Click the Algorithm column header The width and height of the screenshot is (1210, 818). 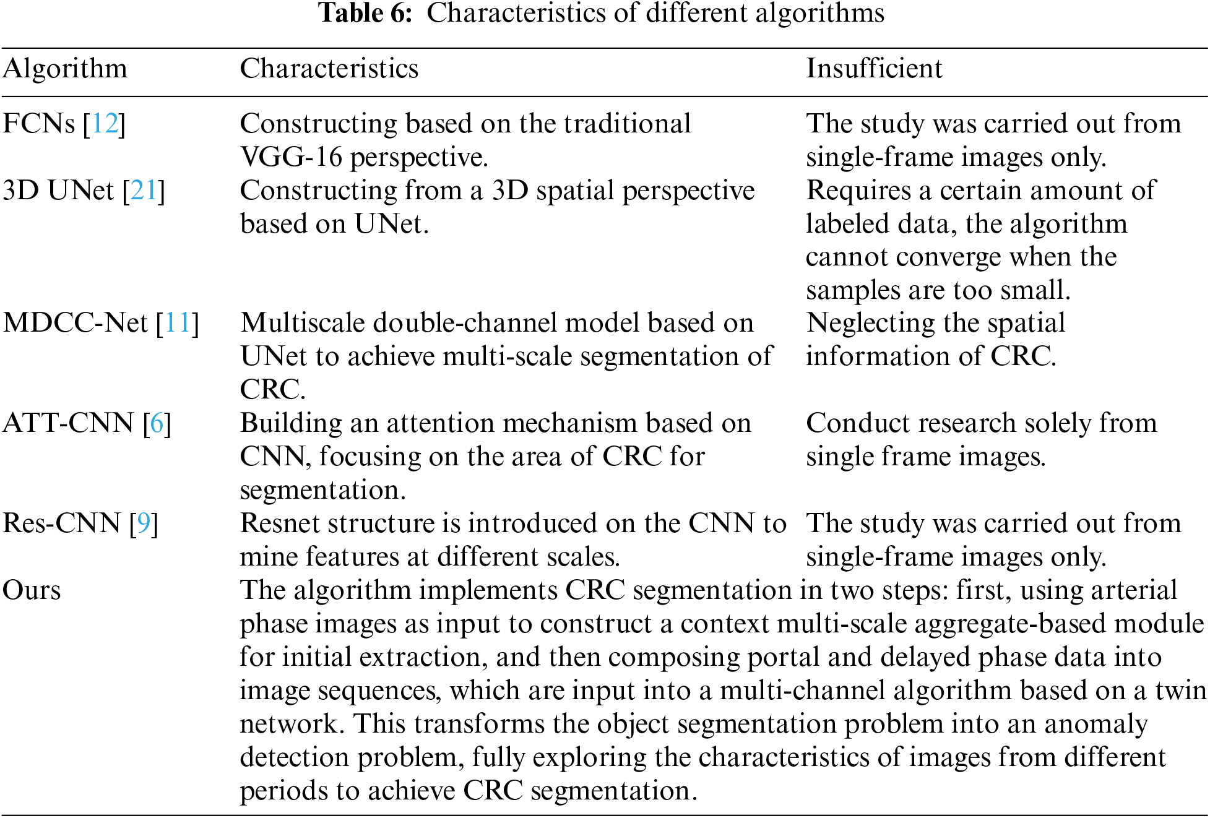65,68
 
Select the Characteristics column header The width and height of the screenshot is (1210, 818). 329,68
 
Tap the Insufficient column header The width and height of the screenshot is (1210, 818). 873,68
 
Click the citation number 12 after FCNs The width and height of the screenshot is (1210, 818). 105,124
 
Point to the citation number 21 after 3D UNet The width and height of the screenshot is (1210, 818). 144,191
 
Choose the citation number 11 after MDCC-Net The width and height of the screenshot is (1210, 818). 178,323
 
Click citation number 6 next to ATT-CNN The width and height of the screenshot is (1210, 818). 157,423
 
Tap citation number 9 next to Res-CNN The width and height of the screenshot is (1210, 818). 144,523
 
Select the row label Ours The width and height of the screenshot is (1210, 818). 32,590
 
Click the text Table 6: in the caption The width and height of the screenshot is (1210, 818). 365,14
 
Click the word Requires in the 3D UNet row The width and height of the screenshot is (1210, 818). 858,191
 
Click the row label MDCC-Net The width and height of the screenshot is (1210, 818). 75,323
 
